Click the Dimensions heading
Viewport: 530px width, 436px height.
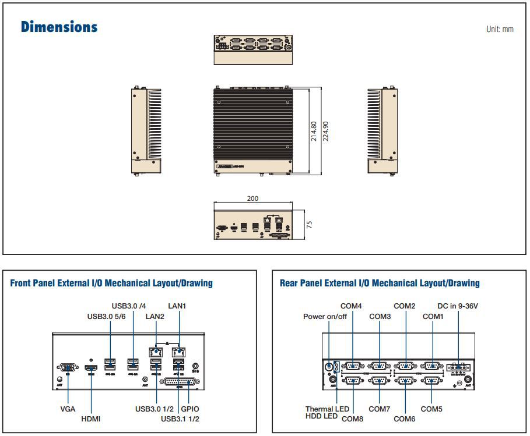[x=59, y=27]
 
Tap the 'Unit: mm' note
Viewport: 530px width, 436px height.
[x=500, y=29]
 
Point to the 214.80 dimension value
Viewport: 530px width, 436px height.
[x=314, y=131]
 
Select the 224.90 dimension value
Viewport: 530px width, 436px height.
[x=326, y=131]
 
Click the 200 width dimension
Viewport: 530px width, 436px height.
[x=252, y=198]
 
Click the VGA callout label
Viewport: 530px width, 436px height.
[x=68, y=409]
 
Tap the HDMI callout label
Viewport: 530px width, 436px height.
[x=92, y=419]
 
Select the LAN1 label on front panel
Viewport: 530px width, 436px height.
[x=178, y=305]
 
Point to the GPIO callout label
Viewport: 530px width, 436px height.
[x=190, y=409]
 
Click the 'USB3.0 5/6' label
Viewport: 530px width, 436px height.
[x=106, y=316]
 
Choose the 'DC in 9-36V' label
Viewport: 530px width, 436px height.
[x=458, y=306]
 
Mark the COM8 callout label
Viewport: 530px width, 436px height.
[x=352, y=419]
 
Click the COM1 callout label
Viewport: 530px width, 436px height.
[x=433, y=316]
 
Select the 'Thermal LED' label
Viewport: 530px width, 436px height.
[x=327, y=409]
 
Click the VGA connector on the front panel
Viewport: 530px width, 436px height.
[x=68, y=367]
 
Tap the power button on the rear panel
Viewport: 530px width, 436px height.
[x=329, y=367]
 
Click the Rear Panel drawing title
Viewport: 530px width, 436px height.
[x=380, y=283]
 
